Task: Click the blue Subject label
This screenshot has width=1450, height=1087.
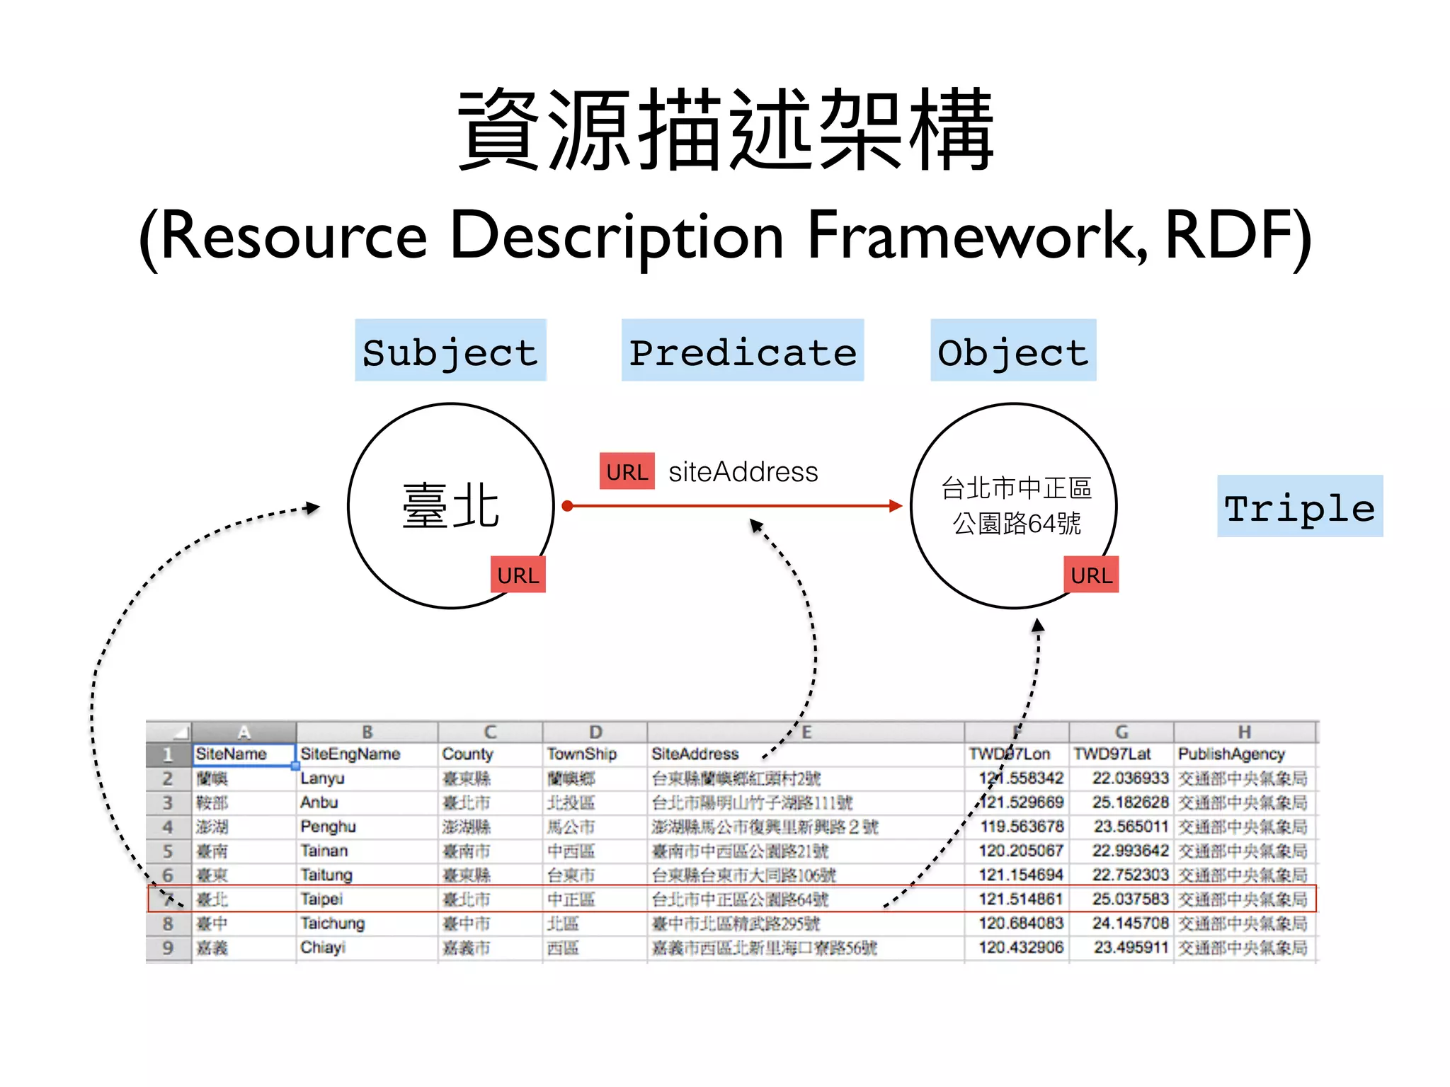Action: (450, 351)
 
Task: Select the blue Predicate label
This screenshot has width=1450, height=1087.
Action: (742, 351)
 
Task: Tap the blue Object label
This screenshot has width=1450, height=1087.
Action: (1012, 351)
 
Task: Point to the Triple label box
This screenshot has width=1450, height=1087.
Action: (1299, 507)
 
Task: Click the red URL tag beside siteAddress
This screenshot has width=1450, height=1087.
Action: (627, 471)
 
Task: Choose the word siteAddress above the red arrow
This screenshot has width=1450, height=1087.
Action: (743, 471)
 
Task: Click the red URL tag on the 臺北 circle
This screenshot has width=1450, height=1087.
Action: (518, 575)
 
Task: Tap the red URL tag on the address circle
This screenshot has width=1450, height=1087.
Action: (1091, 575)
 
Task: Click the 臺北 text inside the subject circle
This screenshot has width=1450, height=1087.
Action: (450, 506)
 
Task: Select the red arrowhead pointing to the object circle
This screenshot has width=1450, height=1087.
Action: (896, 506)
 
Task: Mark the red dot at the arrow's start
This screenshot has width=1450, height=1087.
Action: (567, 506)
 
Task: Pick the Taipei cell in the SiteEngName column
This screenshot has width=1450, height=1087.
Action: (321, 899)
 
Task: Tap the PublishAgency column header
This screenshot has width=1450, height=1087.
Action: (1231, 754)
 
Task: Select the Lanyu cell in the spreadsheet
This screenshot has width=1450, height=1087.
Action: (322, 778)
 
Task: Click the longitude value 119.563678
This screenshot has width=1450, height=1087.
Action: (1021, 827)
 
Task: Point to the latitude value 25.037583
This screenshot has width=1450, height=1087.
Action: (1129, 899)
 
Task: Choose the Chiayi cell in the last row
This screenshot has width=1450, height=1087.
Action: (322, 948)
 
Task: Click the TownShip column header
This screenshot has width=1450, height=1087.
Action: (581, 754)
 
